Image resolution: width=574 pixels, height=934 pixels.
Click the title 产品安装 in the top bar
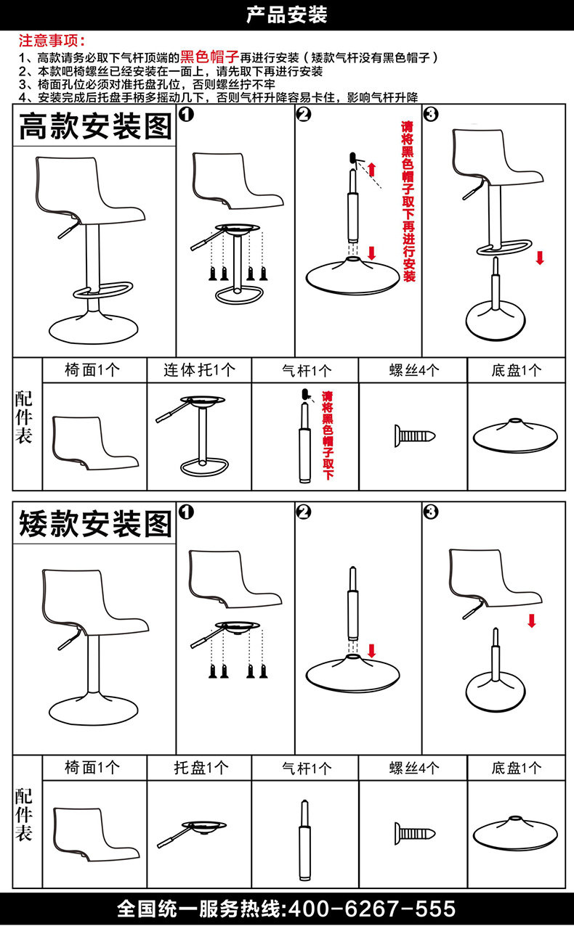click(286, 15)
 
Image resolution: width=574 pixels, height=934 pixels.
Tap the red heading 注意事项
click(52, 41)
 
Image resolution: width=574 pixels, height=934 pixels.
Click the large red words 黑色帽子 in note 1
click(209, 57)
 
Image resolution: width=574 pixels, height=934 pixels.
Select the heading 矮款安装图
click(94, 523)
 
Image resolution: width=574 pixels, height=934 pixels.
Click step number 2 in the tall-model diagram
click(304, 115)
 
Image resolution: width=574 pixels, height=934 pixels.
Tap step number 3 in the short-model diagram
click(431, 512)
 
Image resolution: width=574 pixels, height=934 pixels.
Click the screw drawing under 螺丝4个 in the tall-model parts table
click(414, 435)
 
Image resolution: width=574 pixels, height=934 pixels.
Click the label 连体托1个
click(200, 369)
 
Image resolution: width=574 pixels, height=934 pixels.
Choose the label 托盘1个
click(200, 767)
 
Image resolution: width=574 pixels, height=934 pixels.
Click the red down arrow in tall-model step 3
click(539, 258)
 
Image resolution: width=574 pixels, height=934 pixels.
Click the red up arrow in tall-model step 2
click(372, 170)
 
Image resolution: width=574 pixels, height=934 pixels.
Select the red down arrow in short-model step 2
click(373, 650)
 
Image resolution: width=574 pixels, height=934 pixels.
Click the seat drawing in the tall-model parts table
click(94, 443)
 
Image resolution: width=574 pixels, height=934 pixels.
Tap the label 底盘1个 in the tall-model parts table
click(516, 369)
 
